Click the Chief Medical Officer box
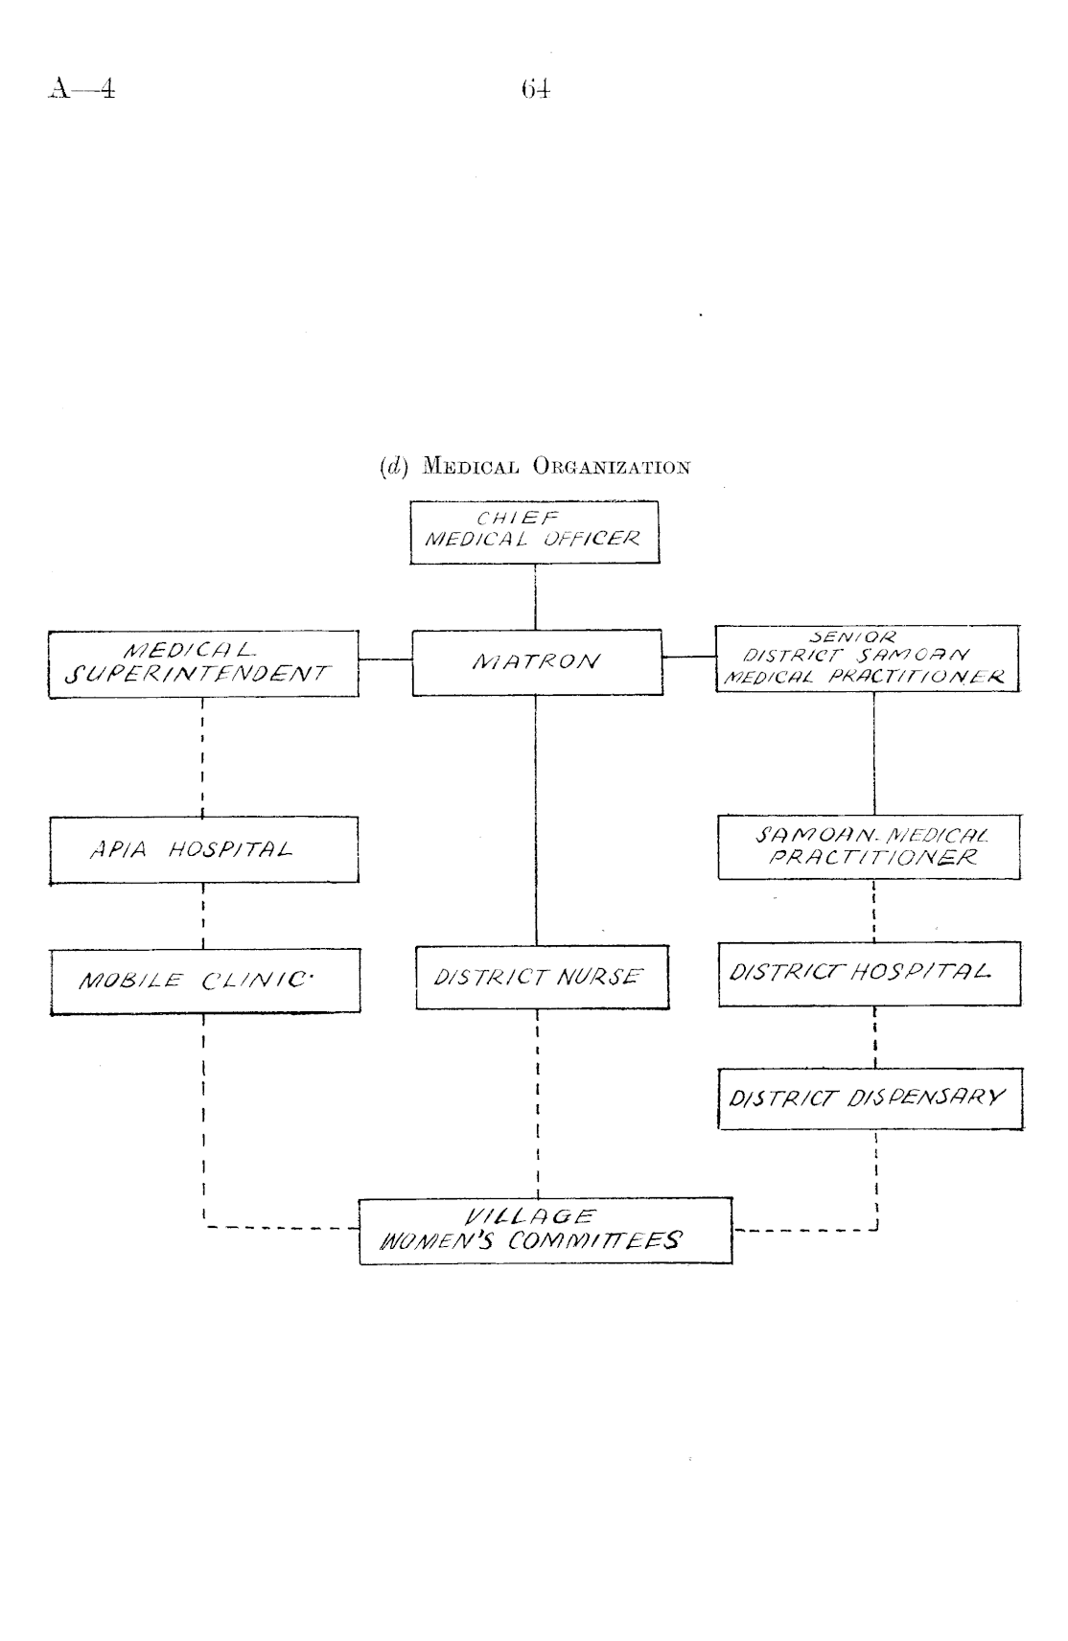click(534, 532)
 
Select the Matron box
click(537, 662)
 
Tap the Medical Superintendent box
click(203, 664)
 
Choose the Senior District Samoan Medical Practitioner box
click(868, 659)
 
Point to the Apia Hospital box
click(203, 849)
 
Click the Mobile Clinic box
click(205, 981)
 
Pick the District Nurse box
click(542, 978)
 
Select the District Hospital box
click(869, 973)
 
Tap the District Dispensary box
click(871, 1098)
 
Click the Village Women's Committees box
click(546, 1231)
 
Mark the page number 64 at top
click(536, 90)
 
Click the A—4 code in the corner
click(81, 90)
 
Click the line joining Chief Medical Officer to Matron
click(535, 596)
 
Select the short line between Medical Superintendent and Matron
click(385, 659)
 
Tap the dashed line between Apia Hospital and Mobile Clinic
click(203, 915)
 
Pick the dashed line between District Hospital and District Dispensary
click(875, 1037)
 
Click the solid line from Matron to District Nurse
click(536, 820)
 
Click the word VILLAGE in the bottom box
click(529, 1217)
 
